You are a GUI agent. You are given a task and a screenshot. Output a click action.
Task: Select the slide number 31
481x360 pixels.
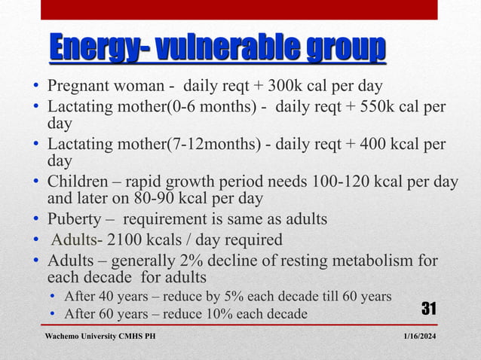tap(428, 308)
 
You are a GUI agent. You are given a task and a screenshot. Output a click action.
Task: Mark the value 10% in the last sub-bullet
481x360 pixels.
tap(209, 313)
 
